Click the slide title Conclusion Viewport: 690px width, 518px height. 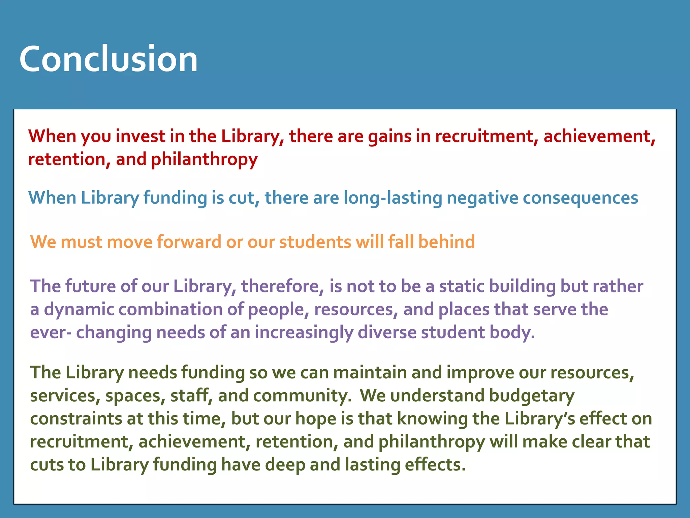pos(108,59)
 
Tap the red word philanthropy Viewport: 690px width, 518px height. pos(204,160)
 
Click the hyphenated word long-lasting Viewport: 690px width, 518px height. pos(393,198)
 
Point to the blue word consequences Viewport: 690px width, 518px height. pos(580,198)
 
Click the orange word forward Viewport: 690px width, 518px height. pos(189,242)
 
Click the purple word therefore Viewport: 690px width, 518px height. pos(283,286)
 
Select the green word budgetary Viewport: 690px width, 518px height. pos(532,396)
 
